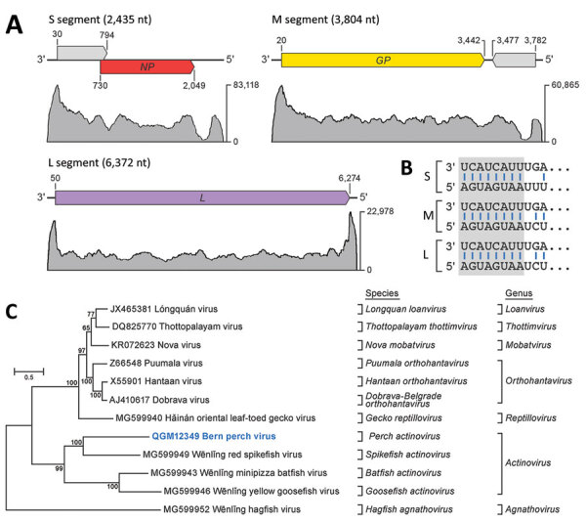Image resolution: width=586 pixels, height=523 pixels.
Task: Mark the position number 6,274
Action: [344, 176]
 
